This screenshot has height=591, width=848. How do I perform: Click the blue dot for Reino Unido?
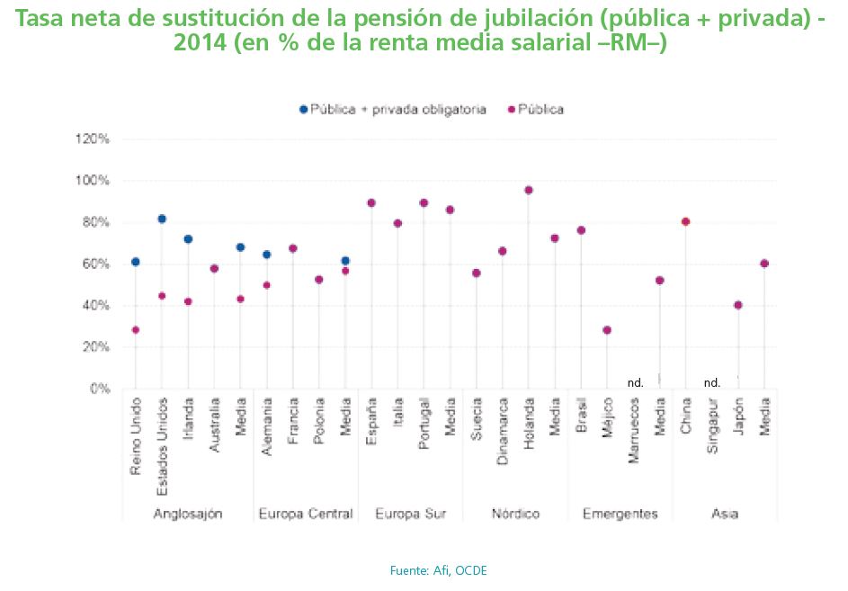click(x=136, y=262)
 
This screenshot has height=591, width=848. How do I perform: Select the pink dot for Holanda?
click(x=529, y=190)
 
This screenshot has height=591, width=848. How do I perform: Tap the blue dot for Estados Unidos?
click(x=162, y=219)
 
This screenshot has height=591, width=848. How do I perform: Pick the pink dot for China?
click(x=686, y=221)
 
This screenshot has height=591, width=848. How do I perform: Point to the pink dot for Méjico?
click(x=607, y=330)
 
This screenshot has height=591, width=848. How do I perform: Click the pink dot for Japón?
click(x=738, y=305)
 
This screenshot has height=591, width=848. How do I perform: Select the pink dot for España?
click(x=371, y=203)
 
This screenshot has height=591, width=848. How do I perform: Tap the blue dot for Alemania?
click(x=266, y=255)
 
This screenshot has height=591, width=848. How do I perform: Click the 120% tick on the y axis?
click(x=92, y=139)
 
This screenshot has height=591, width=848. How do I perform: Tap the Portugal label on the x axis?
click(x=424, y=420)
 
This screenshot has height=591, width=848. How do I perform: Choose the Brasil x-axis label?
click(x=581, y=416)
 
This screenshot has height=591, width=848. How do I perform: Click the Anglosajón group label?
click(x=188, y=515)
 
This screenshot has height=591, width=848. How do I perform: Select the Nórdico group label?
click(x=515, y=515)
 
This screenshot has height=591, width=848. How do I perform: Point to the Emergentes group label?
click(x=620, y=515)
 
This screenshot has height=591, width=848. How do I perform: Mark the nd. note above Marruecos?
click(x=635, y=382)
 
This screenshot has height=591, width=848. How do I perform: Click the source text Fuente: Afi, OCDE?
click(x=439, y=569)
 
